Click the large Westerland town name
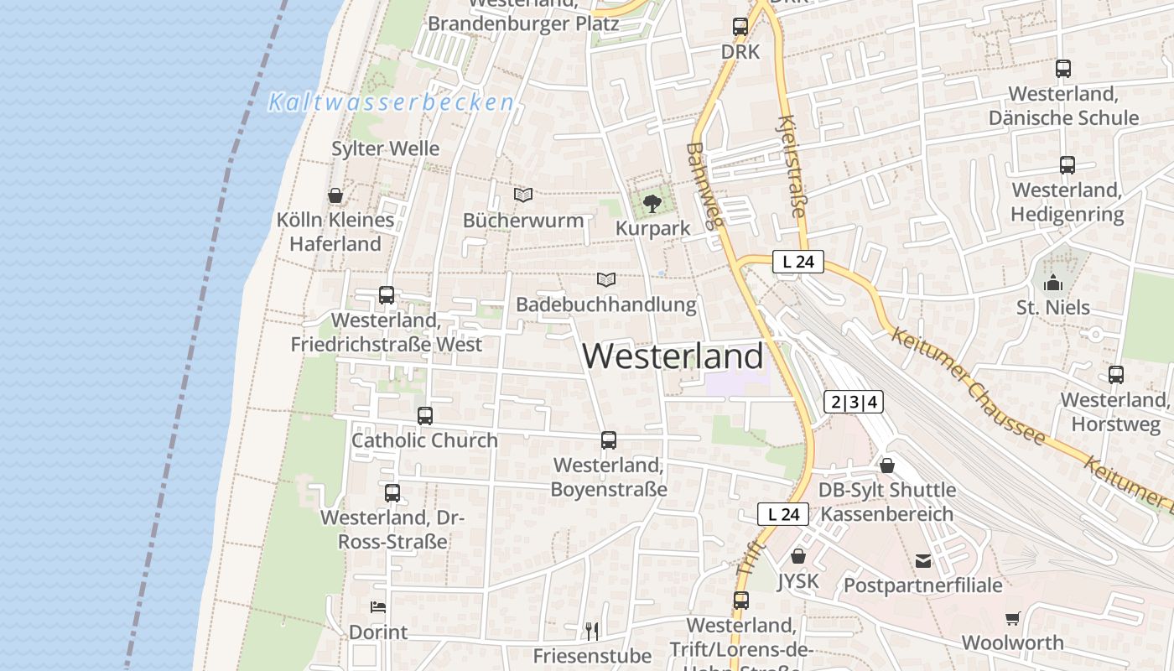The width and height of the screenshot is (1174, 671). click(673, 356)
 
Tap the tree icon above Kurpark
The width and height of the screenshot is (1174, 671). click(652, 203)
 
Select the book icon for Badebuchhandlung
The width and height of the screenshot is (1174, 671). click(606, 279)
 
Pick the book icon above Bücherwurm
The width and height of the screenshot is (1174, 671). click(523, 195)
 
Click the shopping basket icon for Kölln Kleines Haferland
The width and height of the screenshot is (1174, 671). click(335, 195)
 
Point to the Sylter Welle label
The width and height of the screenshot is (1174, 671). click(385, 148)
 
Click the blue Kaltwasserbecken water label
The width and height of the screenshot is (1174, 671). click(391, 102)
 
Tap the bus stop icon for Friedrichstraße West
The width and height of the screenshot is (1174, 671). click(386, 295)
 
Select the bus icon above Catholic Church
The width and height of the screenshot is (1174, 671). click(425, 415)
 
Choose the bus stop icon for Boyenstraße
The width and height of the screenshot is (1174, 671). click(609, 440)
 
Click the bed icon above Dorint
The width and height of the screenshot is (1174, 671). click(378, 606)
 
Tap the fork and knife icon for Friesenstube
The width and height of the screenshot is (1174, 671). click(592, 630)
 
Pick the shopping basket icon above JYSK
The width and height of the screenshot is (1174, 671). click(798, 556)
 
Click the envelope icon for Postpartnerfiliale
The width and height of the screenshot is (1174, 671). click(923, 560)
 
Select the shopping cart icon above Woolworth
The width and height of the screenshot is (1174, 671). click(1013, 618)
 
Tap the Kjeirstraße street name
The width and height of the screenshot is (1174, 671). click(792, 168)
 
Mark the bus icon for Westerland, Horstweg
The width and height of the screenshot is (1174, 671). click(1115, 375)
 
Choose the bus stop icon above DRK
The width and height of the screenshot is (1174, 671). click(740, 27)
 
